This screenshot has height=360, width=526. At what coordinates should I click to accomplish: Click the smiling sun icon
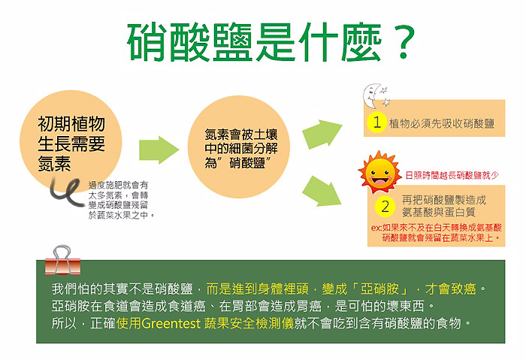(379, 172)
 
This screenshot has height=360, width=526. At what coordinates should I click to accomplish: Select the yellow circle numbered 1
(376, 122)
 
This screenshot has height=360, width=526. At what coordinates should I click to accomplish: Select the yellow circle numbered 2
(385, 207)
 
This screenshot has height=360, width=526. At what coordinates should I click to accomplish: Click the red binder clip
(62, 260)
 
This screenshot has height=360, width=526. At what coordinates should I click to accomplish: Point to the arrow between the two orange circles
(159, 150)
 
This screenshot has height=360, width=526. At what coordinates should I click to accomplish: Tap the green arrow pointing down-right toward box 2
(322, 191)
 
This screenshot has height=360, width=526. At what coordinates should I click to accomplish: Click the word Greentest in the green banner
(171, 323)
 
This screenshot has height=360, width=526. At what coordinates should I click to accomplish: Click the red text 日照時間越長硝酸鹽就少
(452, 175)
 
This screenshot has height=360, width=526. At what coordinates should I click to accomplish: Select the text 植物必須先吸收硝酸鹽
(442, 123)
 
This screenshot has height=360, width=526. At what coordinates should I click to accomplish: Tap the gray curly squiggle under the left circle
(67, 192)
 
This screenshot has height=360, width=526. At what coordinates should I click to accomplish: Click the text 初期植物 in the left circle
(71, 124)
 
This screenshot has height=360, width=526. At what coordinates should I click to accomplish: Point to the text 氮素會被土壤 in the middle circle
(241, 135)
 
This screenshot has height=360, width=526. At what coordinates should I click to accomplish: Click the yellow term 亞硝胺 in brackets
(379, 289)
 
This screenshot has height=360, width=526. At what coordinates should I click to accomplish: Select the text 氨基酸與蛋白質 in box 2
(438, 212)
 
